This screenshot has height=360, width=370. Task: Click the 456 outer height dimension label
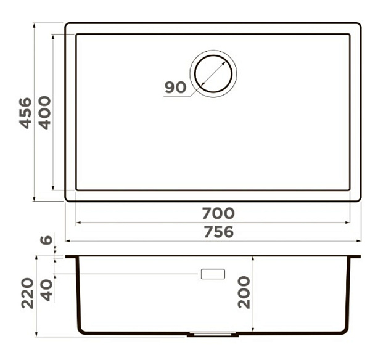click(25, 113)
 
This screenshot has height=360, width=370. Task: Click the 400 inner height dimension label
click(44, 113)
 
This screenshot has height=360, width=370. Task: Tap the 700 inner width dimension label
click(218, 213)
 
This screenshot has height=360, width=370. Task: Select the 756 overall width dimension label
click(219, 232)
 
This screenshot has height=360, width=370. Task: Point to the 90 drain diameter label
click(176, 88)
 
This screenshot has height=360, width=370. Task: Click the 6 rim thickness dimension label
click(46, 240)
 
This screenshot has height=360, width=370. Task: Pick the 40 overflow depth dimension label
click(46, 290)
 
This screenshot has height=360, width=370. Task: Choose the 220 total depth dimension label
click(27, 293)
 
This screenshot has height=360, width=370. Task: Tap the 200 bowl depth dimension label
click(244, 292)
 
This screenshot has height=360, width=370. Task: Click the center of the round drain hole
click(213, 73)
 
